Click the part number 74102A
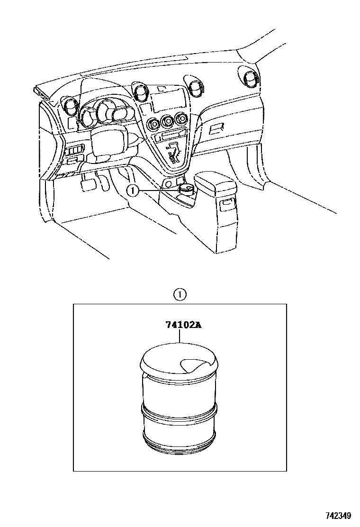[183, 325]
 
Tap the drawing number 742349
[338, 516]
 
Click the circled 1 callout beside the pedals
[132, 191]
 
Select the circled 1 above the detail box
[180, 295]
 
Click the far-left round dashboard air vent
[70, 105]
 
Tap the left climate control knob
[154, 123]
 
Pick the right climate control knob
[181, 119]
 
